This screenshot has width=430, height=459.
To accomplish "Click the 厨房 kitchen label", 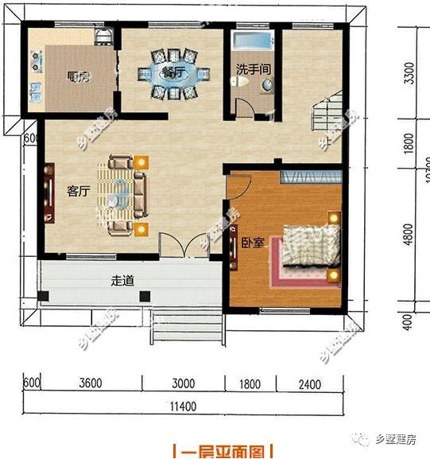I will click(x=77, y=77).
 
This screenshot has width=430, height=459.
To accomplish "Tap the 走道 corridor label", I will click(x=122, y=280).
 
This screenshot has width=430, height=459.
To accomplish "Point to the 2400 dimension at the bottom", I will click(x=309, y=384).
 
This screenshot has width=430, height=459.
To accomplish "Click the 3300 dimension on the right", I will click(x=409, y=76).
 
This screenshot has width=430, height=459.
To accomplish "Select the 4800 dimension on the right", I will click(x=409, y=235).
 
